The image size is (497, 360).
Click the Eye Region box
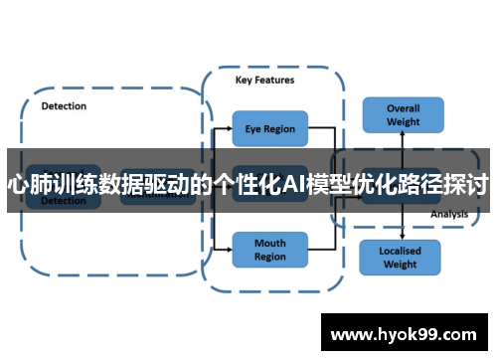[269, 128]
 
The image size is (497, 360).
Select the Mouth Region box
[269, 250]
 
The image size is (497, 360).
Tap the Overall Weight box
[402, 114]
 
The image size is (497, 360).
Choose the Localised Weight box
[400, 258]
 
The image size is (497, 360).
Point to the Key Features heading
[264, 80]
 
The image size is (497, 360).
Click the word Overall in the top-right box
[403, 108]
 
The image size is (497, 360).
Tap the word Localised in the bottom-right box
[400, 251]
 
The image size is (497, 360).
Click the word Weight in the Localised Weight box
[400, 265]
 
